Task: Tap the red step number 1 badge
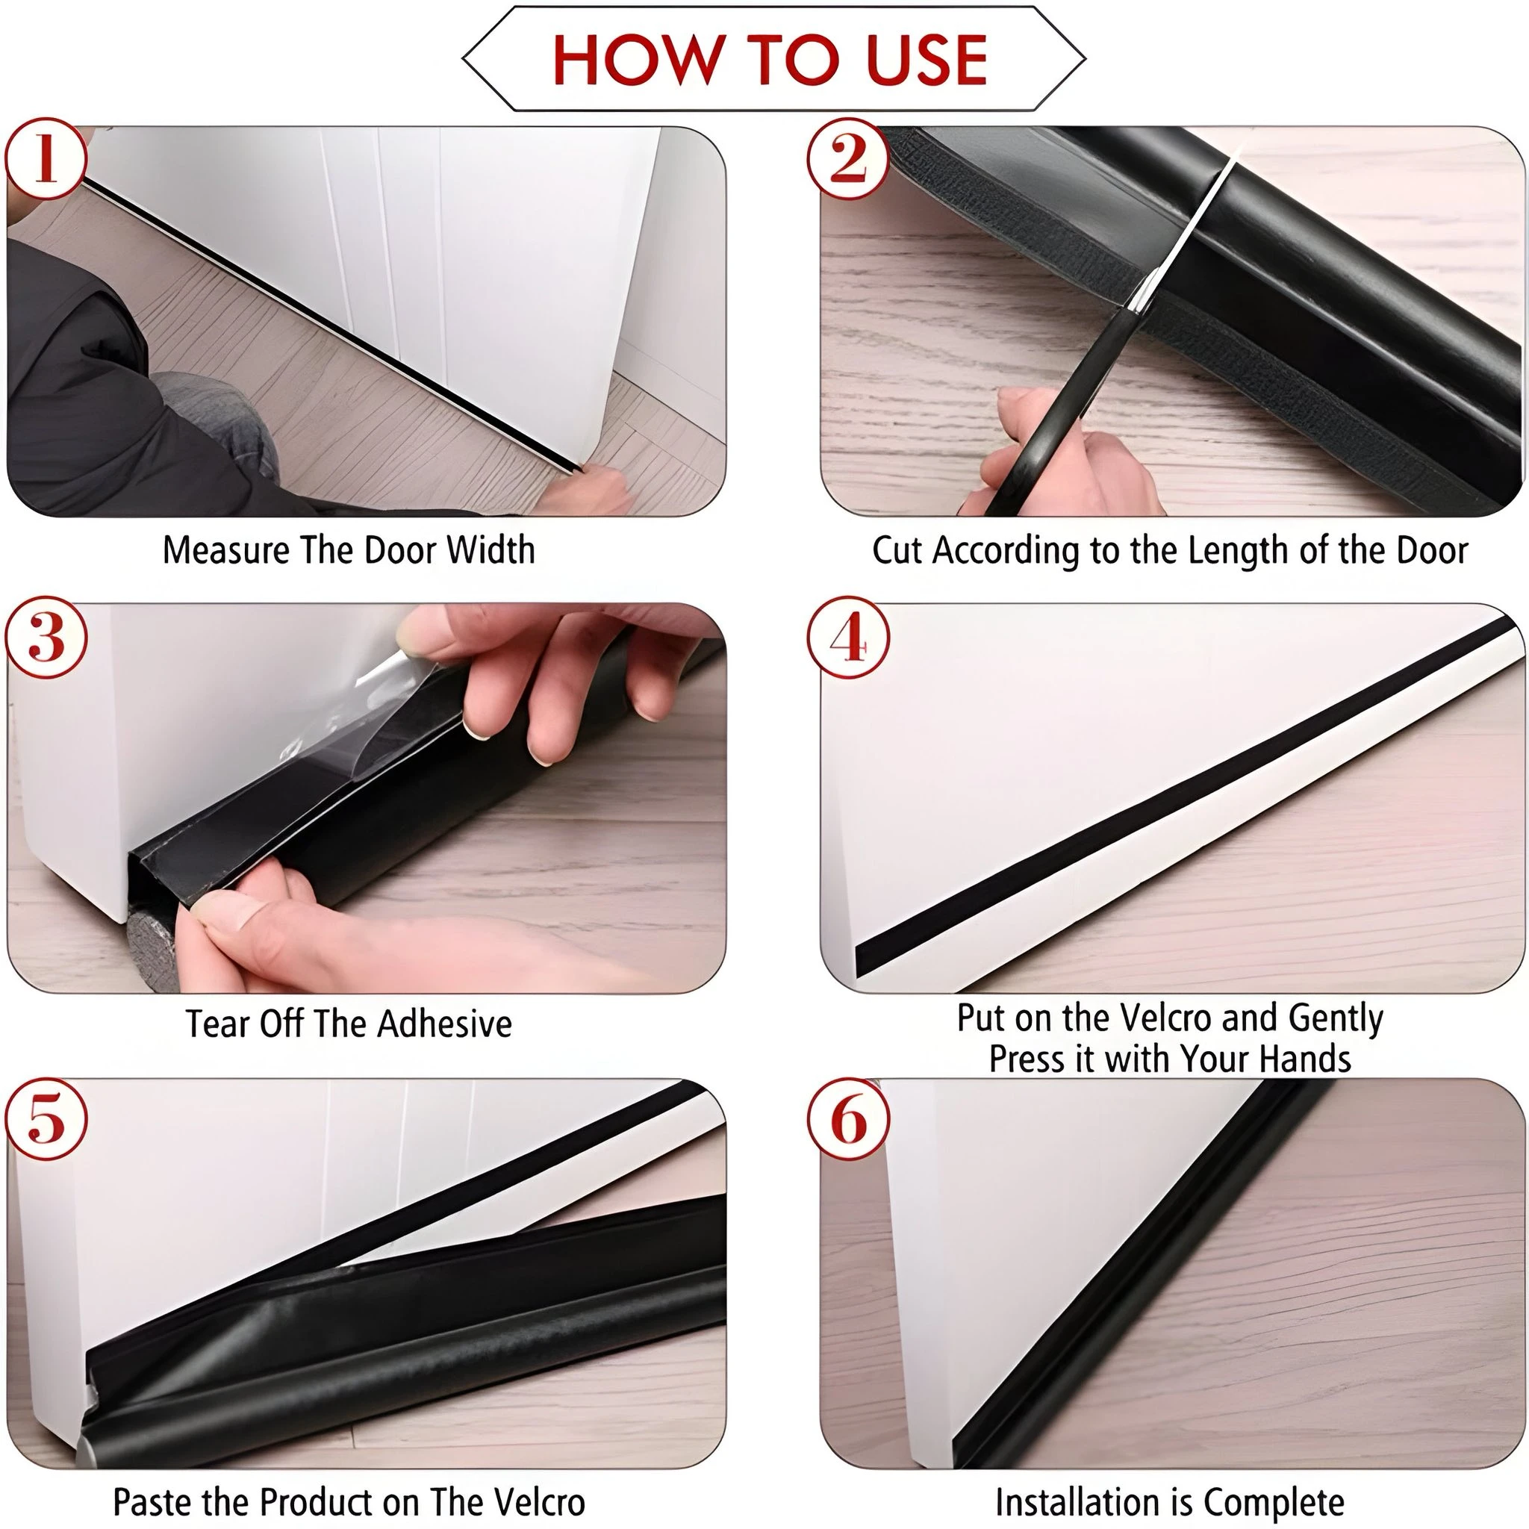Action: (x=46, y=158)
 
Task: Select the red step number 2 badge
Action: (x=848, y=158)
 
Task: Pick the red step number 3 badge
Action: (x=46, y=638)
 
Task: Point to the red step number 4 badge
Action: (x=848, y=638)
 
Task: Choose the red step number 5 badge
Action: (x=46, y=1119)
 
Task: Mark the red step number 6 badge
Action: (x=848, y=1119)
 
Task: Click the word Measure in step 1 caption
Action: (x=226, y=549)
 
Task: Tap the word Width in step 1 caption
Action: (x=491, y=549)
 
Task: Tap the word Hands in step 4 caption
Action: (x=1305, y=1058)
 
